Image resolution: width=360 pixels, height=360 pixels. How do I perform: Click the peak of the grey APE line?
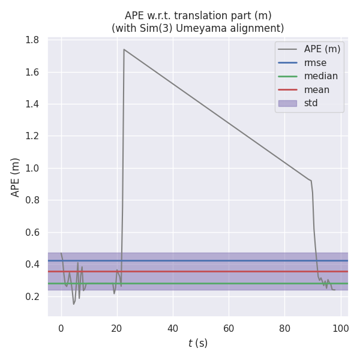coord(124,49)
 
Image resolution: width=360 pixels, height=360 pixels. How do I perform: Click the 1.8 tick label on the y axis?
coord(32,40)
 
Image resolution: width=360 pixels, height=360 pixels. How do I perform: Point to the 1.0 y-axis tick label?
coord(32,169)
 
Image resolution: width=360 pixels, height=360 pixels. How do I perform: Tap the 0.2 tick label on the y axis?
coord(32,297)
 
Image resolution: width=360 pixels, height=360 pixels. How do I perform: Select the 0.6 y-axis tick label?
coord(32,233)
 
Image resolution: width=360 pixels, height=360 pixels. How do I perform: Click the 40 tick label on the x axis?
coord(173,328)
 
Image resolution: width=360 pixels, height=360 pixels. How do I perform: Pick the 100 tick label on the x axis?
coord(341,328)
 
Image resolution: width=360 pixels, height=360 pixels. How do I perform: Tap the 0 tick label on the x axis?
coord(61,328)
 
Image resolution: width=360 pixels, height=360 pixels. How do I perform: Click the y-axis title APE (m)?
coord(16,177)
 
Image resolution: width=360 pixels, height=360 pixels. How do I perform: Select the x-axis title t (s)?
coord(197,343)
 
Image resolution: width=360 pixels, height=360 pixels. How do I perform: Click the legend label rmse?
coord(316,62)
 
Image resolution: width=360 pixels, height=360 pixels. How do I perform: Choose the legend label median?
coord(320,76)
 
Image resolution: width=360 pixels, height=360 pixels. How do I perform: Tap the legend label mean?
coord(316,90)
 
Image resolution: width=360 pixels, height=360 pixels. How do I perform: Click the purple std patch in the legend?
coord(287,103)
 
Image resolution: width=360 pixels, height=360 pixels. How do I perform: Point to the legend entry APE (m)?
coord(322,49)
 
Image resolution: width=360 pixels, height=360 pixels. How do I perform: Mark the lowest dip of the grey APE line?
coord(74,304)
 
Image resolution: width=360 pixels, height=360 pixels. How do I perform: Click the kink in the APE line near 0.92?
coord(311,181)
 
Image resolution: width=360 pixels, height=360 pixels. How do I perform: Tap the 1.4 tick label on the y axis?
coord(32,104)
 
